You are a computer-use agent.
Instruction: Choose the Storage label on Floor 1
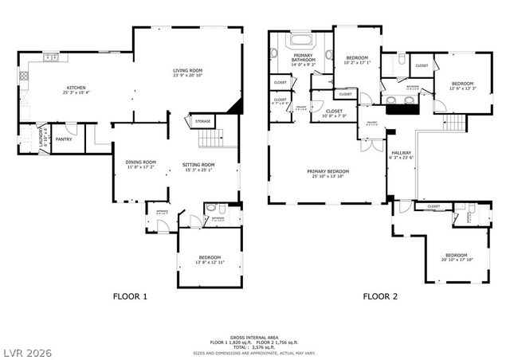(x=202, y=122)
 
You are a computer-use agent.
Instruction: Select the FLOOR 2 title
(x=380, y=297)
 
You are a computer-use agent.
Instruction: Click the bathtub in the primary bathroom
(x=301, y=39)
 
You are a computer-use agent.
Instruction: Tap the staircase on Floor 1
(x=210, y=139)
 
